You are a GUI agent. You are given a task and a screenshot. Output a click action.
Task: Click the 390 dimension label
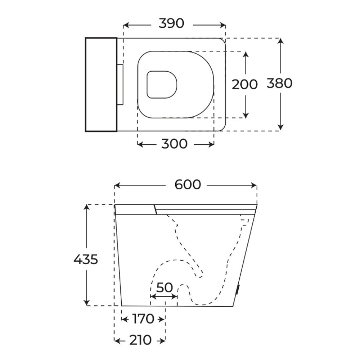171,23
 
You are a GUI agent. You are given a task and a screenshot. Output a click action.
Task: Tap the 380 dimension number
279,83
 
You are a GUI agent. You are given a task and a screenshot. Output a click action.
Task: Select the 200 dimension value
245,84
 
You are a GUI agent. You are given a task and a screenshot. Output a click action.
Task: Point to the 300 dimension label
174,144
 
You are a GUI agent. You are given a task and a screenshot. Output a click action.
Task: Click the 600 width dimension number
188,185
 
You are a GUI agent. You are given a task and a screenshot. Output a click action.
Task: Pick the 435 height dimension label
86,260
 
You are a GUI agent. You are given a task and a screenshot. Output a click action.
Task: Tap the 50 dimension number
165,287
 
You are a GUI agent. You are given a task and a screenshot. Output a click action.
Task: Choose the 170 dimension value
143,319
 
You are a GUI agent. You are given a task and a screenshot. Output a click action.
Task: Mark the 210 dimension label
140,340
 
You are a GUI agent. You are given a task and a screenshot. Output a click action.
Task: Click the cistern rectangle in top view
101,85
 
